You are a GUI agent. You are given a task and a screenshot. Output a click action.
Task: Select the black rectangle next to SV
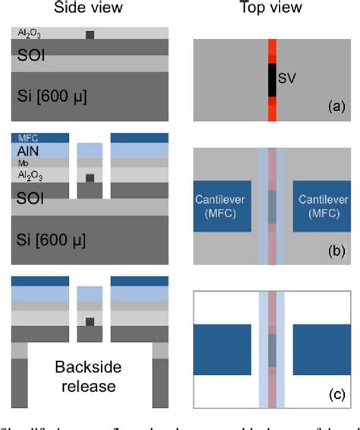[272, 80]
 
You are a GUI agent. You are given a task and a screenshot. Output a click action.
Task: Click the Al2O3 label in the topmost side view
[27, 33]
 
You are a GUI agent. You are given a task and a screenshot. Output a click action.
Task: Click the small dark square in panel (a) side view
[90, 35]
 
